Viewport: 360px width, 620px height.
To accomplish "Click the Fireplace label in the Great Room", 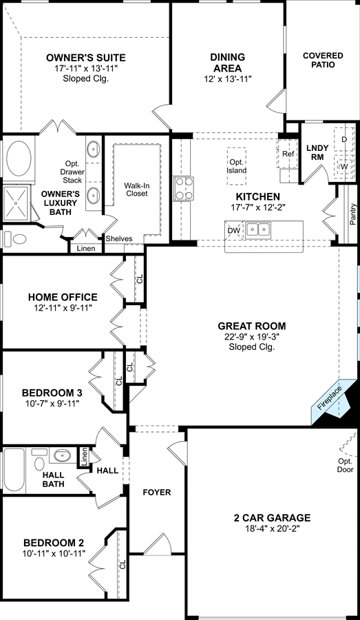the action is pyautogui.click(x=329, y=397).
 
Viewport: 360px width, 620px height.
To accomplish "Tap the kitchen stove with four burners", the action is pyautogui.click(x=184, y=189).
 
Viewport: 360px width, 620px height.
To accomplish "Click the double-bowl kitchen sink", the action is pyautogui.click(x=258, y=229).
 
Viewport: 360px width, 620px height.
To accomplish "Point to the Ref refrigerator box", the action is pyautogui.click(x=288, y=154).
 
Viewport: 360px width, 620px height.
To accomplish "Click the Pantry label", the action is pyautogui.click(x=352, y=214).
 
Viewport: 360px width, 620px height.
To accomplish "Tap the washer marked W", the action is pyautogui.click(x=344, y=167).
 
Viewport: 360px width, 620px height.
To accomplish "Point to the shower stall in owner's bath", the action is pyautogui.click(x=17, y=203).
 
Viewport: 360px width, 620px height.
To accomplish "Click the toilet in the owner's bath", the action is pyautogui.click(x=14, y=239).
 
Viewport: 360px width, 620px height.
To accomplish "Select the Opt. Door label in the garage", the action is pyautogui.click(x=345, y=466).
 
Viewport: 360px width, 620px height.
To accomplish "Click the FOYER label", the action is pyautogui.click(x=157, y=493).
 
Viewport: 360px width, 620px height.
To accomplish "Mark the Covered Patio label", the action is pyautogui.click(x=323, y=60).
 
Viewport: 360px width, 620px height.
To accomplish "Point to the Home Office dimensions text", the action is pyautogui.click(x=63, y=308).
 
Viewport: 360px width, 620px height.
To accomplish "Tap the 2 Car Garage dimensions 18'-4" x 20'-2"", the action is pyautogui.click(x=272, y=528).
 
